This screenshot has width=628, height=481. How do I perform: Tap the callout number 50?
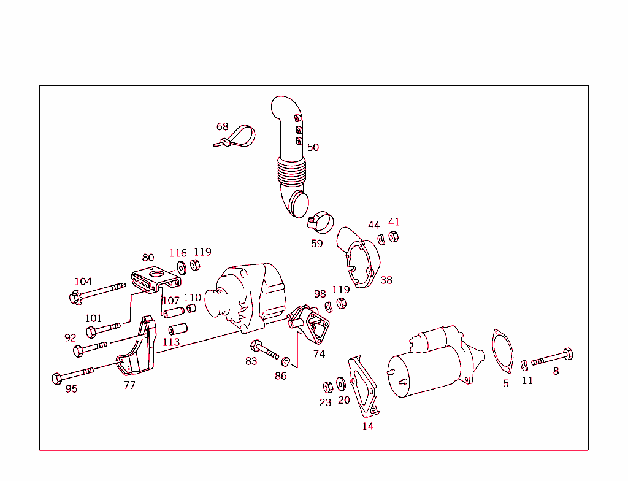pyautogui.click(x=313, y=147)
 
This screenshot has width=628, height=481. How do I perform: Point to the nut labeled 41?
pyautogui.click(x=394, y=237)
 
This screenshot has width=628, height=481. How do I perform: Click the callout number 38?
pyautogui.click(x=386, y=280)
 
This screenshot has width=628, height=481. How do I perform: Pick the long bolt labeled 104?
pyautogui.click(x=98, y=292)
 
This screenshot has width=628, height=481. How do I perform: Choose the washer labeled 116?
pyautogui.click(x=182, y=267)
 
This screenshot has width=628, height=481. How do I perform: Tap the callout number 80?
pyautogui.click(x=148, y=258)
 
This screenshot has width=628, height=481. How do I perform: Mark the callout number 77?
pyautogui.click(x=129, y=385)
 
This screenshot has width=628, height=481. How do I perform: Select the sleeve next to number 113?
pyautogui.click(x=178, y=329)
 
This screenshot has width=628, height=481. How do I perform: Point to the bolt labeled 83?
pyautogui.click(x=264, y=350)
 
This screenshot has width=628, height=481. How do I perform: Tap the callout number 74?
pyautogui.click(x=319, y=354)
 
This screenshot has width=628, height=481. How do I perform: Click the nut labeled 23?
pyautogui.click(x=327, y=387)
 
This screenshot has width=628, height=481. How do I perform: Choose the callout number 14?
pyautogui.click(x=367, y=426)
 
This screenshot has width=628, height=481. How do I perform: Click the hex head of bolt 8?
pyautogui.click(x=567, y=354)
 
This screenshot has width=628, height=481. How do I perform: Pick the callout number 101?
pyautogui.click(x=93, y=318)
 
